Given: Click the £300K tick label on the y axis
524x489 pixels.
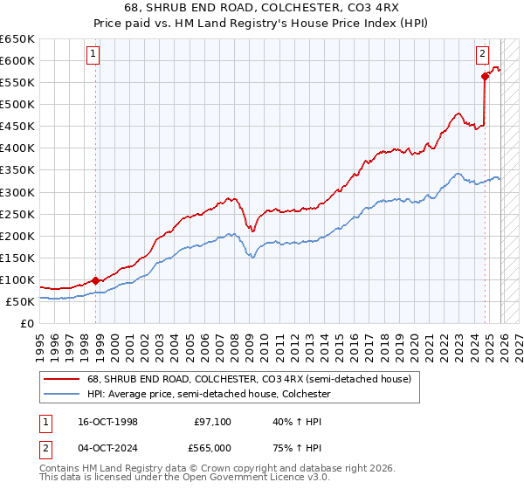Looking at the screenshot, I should [x=17, y=192].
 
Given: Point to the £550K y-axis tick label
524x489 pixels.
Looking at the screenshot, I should [x=17, y=83].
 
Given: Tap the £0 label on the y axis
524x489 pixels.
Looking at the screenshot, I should [x=26, y=324].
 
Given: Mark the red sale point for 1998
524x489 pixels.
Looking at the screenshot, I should [x=95, y=280].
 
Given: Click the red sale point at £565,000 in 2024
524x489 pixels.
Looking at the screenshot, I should [x=484, y=76].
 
